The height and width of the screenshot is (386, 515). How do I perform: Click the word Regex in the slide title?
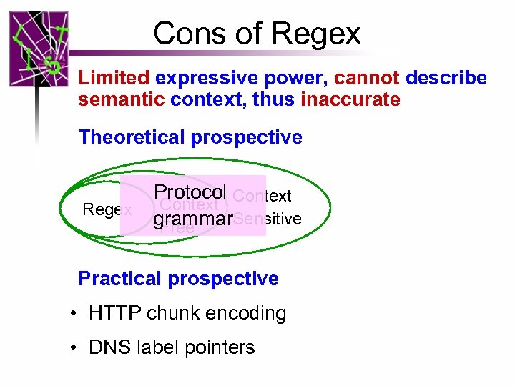click(x=317, y=34)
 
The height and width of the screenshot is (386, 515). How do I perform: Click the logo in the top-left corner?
click(x=39, y=49)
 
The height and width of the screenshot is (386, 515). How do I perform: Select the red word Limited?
click(x=114, y=78)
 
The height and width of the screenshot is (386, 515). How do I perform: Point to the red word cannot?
click(x=366, y=78)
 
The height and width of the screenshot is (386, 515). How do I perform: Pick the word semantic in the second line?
click(x=122, y=99)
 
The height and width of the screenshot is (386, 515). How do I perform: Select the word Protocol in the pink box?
click(x=190, y=193)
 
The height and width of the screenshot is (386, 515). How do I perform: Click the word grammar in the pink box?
click(x=192, y=219)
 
